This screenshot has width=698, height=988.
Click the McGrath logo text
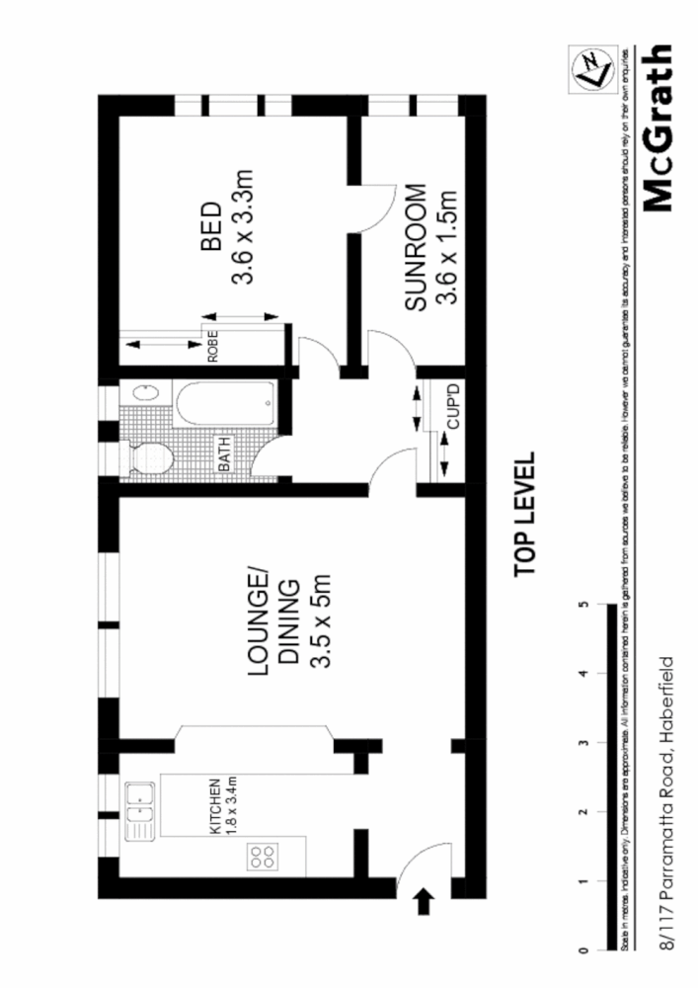pyautogui.click(x=656, y=128)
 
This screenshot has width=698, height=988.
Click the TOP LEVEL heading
pyautogui.click(x=522, y=514)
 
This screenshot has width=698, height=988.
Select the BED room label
pyautogui.click(x=209, y=229)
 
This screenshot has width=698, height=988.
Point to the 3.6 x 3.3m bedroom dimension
pyautogui.click(x=244, y=229)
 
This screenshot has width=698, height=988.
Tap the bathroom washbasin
pyautogui.click(x=143, y=393)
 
